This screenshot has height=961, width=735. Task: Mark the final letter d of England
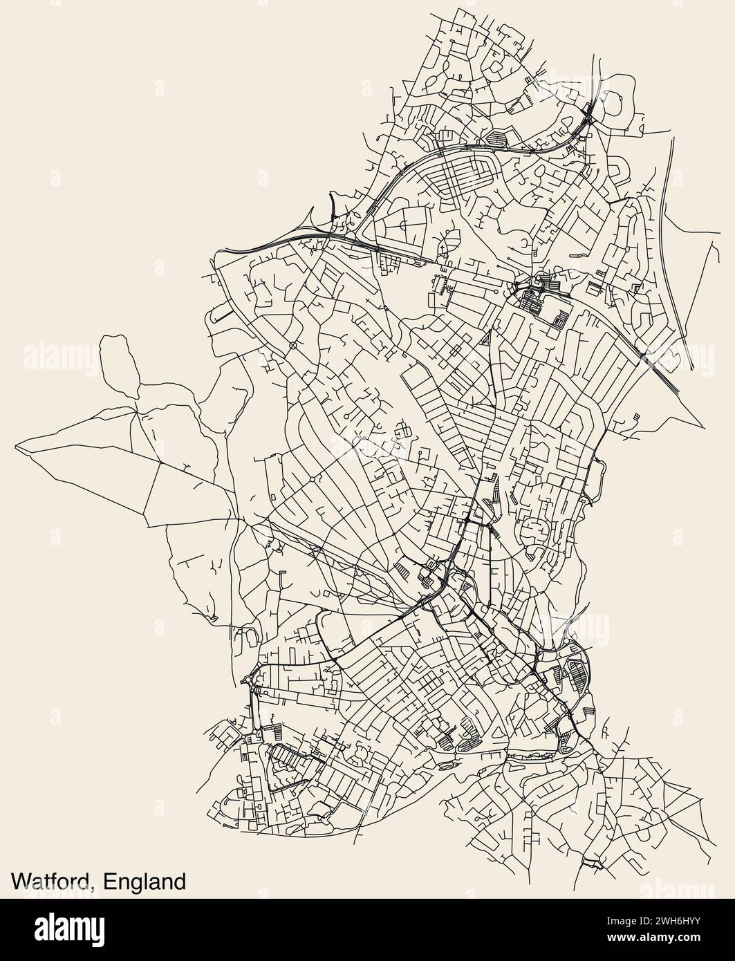(x=180, y=881)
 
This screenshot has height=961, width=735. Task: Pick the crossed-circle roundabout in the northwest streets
(x=293, y=344)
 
